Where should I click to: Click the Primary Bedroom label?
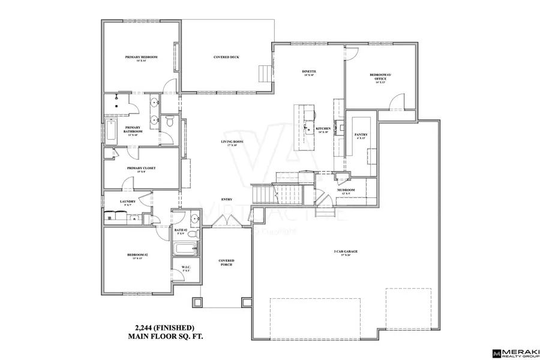[x=142, y=57]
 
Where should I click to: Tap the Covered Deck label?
[x=227, y=57]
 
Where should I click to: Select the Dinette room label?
[x=309, y=72]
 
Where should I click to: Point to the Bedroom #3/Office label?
[x=381, y=77]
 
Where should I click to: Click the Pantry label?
[x=361, y=135]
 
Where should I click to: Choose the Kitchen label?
[x=323, y=129]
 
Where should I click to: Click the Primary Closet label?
[x=141, y=169]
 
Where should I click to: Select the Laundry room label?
[x=128, y=202]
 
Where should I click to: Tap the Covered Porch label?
[x=226, y=263]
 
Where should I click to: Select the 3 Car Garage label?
[x=346, y=251]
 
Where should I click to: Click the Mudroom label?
[x=346, y=191]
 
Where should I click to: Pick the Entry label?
[x=227, y=200]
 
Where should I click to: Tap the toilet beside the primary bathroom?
[x=170, y=124]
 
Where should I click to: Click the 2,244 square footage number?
[x=142, y=328]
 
